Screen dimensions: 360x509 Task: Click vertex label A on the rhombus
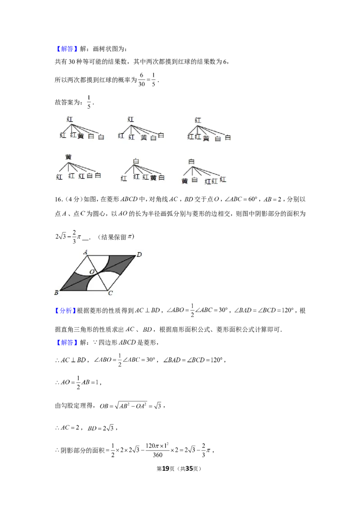tap(85, 252)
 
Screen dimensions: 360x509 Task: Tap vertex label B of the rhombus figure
tap(57, 292)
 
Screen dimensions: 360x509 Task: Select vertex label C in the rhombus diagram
tap(110, 293)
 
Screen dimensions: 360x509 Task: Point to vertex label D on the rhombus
tap(139, 254)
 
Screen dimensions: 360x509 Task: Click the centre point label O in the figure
tap(92, 272)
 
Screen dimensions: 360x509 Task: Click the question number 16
tap(58, 199)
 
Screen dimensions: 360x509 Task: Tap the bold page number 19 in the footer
tap(166, 469)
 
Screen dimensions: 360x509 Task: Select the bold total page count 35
tap(189, 469)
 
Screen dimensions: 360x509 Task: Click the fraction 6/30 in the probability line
tap(141, 80)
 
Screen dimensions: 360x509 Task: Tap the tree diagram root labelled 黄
tap(68, 157)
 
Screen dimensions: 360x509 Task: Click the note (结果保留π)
tap(116, 237)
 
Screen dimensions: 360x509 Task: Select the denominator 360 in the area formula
tap(157, 455)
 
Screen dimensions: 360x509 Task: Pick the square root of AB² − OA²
tap(131, 405)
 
